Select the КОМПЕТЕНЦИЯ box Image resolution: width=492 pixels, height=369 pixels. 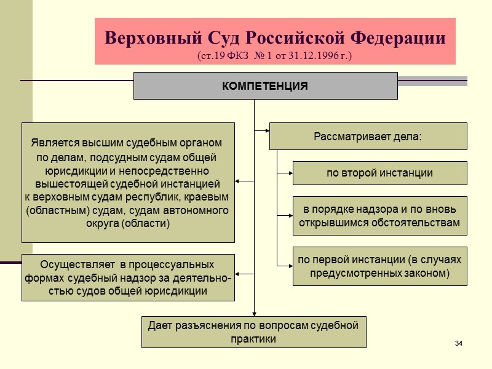point(265,85)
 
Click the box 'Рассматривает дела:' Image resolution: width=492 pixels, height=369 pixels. point(368,136)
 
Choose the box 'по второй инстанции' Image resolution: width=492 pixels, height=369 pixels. point(379,173)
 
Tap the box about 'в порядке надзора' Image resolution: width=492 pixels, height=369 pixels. point(379,215)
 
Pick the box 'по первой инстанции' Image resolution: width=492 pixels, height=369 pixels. point(379,266)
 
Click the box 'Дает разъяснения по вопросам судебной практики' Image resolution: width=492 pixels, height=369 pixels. point(253,332)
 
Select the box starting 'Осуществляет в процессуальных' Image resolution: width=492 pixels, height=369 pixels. point(128,277)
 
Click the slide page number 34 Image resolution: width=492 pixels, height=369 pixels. point(458,342)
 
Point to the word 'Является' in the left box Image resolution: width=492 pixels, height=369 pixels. point(52,143)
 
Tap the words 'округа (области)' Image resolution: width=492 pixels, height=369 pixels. point(128,223)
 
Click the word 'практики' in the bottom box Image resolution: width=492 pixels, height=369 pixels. point(253,339)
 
